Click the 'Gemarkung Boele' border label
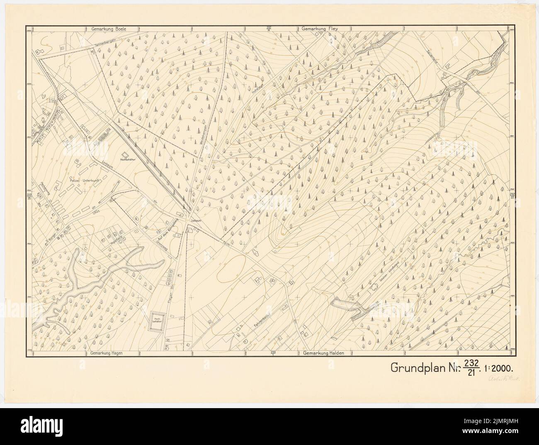[x=108, y=29]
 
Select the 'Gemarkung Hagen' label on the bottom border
[x=107, y=353]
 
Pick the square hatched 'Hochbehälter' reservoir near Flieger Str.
[x=157, y=322]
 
